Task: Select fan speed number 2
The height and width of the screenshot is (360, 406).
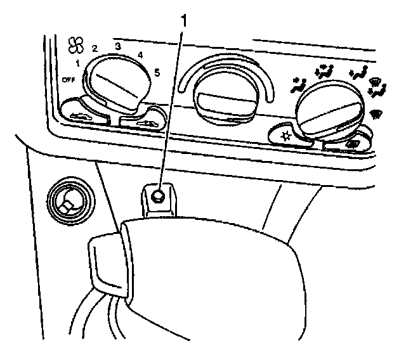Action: (x=94, y=48)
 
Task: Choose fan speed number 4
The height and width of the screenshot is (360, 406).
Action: (x=140, y=55)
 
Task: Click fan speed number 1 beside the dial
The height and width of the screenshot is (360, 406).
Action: (x=76, y=63)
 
